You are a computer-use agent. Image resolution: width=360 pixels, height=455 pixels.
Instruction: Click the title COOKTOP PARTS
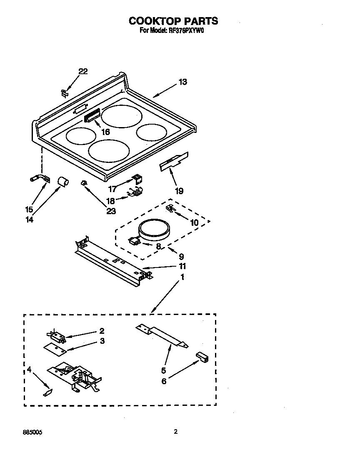click(173, 21)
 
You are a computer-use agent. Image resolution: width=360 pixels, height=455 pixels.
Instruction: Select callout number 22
click(83, 72)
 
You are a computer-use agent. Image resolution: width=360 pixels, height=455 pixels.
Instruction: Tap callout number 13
click(182, 82)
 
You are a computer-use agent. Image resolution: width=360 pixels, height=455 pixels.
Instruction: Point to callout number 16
click(105, 132)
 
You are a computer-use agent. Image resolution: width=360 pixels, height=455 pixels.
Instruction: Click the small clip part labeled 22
click(64, 93)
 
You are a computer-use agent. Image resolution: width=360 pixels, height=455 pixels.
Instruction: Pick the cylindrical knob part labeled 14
click(62, 182)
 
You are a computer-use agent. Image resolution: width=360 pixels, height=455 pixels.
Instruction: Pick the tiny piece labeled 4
click(47, 392)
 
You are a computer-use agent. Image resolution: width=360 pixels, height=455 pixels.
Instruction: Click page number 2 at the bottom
click(175, 432)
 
